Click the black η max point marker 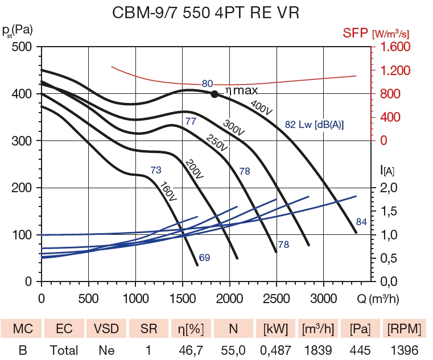point(215,94)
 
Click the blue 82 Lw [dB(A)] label point(314,125)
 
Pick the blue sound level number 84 point(361,222)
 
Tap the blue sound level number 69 point(205,258)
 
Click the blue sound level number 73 point(156,169)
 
